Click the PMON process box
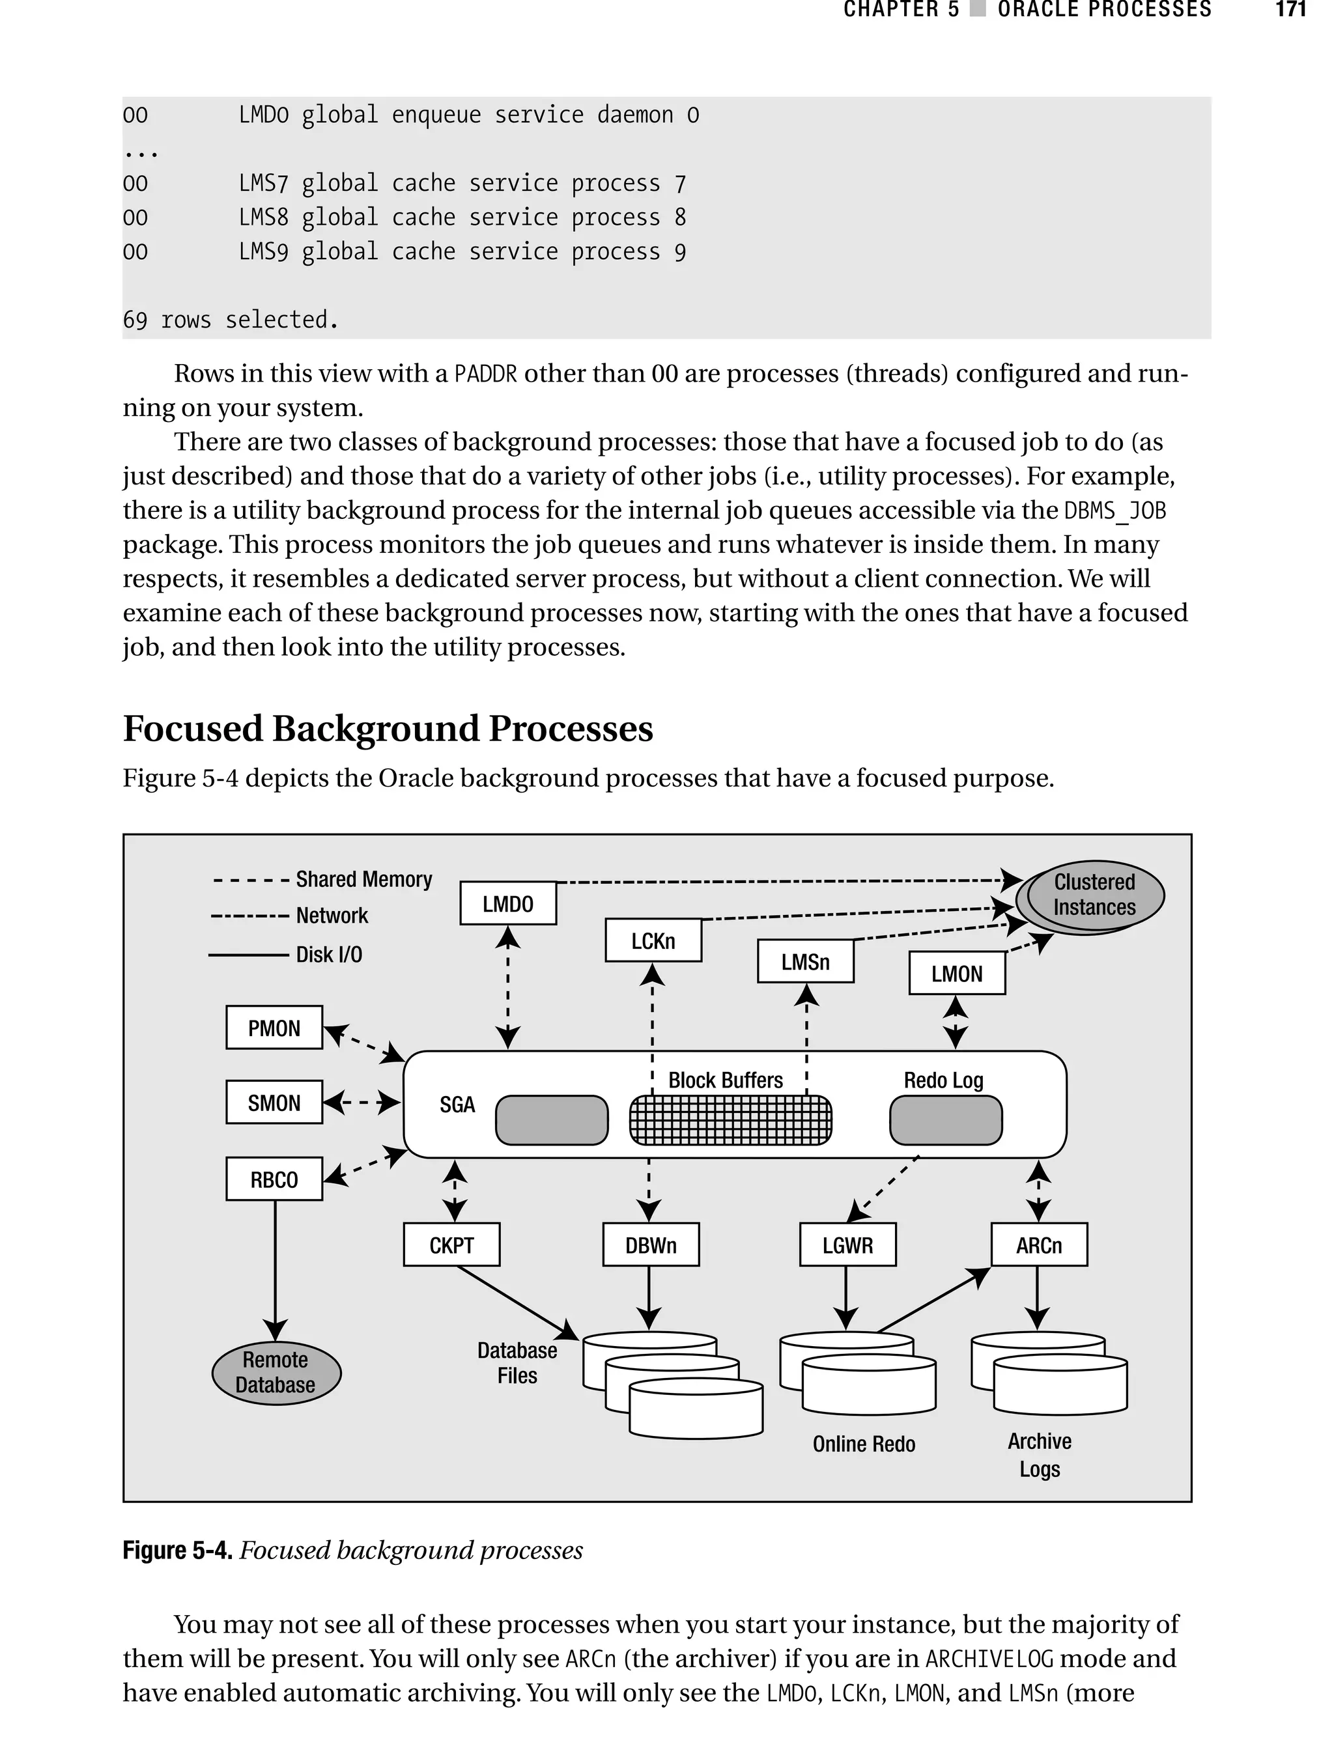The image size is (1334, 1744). (x=274, y=1028)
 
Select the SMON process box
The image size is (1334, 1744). (x=274, y=1103)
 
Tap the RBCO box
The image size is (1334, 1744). (x=274, y=1179)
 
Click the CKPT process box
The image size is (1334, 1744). (x=452, y=1245)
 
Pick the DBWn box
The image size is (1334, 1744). (x=650, y=1245)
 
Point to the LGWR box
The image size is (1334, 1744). (x=847, y=1245)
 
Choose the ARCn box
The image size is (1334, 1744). (x=1039, y=1245)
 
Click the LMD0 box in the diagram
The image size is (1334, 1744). (x=508, y=903)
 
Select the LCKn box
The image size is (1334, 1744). (x=653, y=940)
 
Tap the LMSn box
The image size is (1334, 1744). (x=805, y=961)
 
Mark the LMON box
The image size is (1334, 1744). (x=957, y=973)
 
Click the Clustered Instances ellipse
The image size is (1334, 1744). (x=1094, y=895)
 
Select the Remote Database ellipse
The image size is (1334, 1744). (x=276, y=1373)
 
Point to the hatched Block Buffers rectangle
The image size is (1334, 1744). (x=731, y=1120)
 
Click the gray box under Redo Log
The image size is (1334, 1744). (x=946, y=1120)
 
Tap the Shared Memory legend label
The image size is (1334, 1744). (x=363, y=880)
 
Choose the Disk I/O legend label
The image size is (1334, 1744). (x=329, y=954)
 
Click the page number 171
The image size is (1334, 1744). (x=1290, y=10)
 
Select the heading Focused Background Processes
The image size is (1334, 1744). (x=388, y=729)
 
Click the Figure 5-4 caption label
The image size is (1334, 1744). (x=177, y=1551)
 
